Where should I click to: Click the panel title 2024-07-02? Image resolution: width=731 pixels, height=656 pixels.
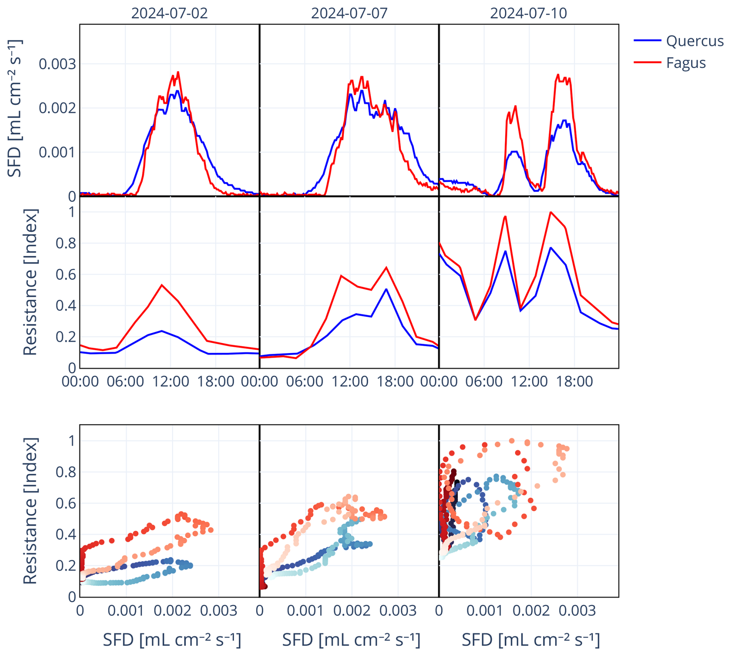click(169, 13)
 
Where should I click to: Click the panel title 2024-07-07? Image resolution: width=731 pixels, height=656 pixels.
click(349, 13)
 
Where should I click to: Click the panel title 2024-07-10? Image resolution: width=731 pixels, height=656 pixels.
click(528, 13)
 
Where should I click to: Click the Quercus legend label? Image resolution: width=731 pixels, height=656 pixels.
click(694, 41)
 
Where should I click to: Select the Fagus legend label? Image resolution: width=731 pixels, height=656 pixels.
click(685, 63)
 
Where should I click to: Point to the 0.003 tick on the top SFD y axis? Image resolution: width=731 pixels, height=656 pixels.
click(57, 64)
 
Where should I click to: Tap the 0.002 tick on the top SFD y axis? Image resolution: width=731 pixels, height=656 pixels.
click(57, 108)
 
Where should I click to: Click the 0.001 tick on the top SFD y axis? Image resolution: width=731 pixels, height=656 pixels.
click(57, 152)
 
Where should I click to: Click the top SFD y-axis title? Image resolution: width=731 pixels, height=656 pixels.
click(15, 108)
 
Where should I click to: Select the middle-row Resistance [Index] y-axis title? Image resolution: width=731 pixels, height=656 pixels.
click(30, 282)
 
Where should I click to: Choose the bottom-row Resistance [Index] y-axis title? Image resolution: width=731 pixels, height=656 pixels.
click(30, 511)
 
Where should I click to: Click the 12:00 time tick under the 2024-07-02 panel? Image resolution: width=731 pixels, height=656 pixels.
click(170, 381)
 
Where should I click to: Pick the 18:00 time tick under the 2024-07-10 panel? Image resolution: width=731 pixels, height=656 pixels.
click(574, 381)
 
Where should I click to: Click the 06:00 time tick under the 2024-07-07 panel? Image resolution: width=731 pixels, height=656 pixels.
click(304, 381)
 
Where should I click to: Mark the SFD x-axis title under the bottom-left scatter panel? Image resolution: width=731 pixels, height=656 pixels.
click(172, 640)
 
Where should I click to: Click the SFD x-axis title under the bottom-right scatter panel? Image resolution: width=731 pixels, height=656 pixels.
click(530, 640)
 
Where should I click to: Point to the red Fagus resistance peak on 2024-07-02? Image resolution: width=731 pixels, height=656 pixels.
click(162, 285)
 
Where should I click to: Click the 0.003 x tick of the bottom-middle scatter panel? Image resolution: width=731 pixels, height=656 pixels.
click(398, 611)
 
